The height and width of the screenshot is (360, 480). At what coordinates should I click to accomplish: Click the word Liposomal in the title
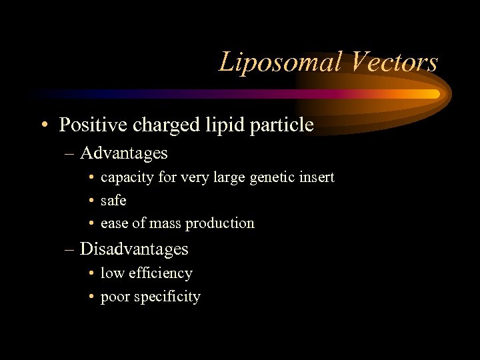(x=278, y=62)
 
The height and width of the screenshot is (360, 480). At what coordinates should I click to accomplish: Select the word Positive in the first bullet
(x=94, y=124)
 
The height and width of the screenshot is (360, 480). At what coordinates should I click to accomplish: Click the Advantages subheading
(x=123, y=153)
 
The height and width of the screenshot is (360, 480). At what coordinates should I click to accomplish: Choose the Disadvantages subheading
(x=134, y=249)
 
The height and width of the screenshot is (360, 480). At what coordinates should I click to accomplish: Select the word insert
(x=316, y=177)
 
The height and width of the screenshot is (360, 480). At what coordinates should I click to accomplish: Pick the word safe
(x=113, y=200)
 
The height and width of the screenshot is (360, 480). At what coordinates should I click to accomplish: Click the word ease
(x=113, y=223)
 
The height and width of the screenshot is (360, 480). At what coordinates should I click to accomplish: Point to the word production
(x=220, y=223)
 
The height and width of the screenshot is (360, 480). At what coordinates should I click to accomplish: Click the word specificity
(x=167, y=297)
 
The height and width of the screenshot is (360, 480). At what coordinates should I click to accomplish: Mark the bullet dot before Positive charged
(x=44, y=125)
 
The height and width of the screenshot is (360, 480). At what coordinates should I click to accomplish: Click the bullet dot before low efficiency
(x=91, y=273)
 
